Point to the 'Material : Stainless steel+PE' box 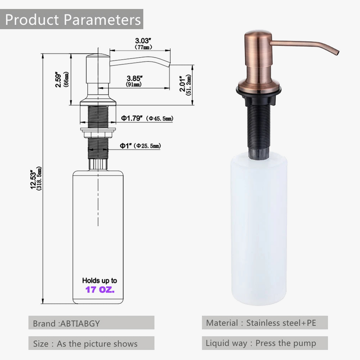(x=264, y=323)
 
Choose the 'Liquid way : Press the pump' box (x=264, y=343)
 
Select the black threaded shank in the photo (x=256, y=126)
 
